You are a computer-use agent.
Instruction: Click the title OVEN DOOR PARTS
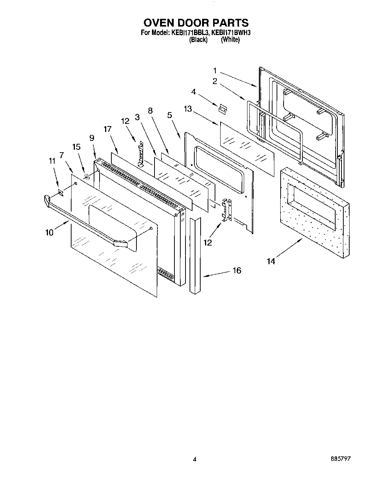(x=195, y=23)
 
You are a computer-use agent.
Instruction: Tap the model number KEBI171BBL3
(x=190, y=32)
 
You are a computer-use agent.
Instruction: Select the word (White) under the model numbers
(x=230, y=40)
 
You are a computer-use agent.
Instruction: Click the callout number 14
(x=271, y=261)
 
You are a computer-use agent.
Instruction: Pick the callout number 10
(x=49, y=232)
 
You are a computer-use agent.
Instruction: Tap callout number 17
(x=107, y=129)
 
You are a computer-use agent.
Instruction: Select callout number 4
(x=193, y=91)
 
